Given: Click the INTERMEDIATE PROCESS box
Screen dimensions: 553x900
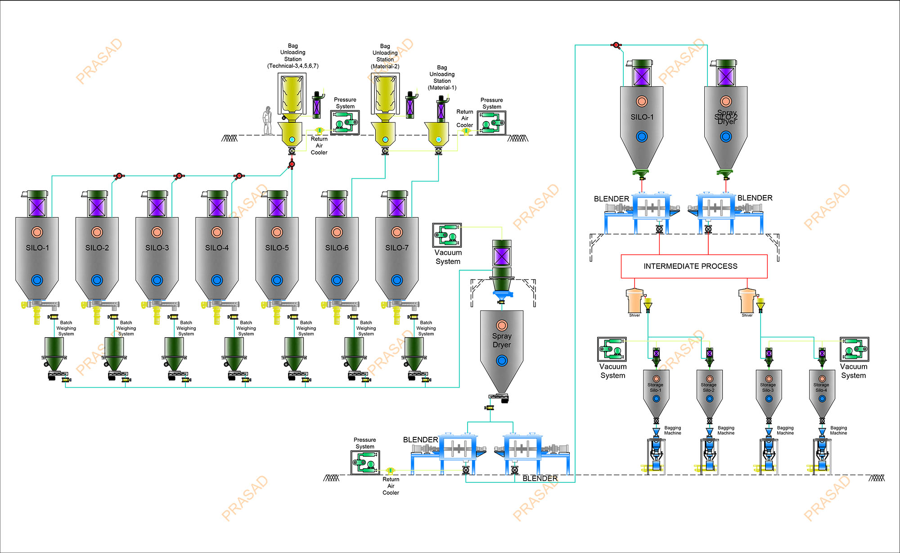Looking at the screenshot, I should click(x=694, y=266).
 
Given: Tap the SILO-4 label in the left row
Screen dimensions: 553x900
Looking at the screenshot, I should click(x=217, y=248).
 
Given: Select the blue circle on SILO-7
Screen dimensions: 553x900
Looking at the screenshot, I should click(x=397, y=280).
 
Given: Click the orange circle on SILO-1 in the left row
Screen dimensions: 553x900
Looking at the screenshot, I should click(x=37, y=232).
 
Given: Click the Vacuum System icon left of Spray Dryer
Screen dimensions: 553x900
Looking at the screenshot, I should click(x=447, y=235).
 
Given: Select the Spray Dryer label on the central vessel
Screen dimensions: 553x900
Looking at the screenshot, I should click(x=502, y=340).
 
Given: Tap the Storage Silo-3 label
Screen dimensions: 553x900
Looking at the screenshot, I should click(x=768, y=387).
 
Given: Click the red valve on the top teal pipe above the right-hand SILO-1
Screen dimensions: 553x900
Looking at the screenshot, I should click(x=616, y=45).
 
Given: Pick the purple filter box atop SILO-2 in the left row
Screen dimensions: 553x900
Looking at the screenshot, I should click(x=97, y=208).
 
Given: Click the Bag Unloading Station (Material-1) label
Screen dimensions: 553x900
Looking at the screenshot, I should click(x=442, y=77).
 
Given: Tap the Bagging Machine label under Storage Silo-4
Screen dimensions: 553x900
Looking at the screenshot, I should click(x=838, y=430).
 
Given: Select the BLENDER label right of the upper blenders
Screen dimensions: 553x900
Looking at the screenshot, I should click(x=755, y=198).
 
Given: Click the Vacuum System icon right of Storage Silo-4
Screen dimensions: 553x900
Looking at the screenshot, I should click(x=854, y=349).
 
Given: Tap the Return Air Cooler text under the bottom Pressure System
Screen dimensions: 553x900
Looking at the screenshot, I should click(x=391, y=486).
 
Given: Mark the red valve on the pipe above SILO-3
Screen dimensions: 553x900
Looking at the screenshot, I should click(x=179, y=176).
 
